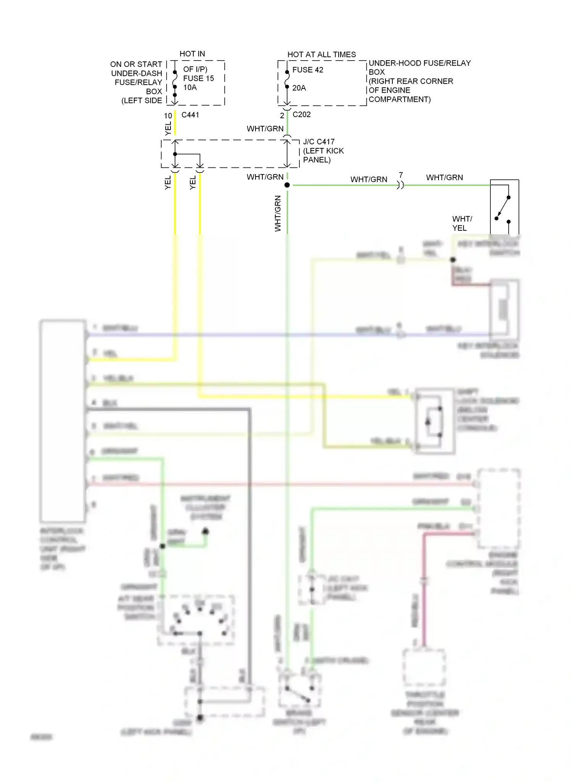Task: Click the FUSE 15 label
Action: tap(198, 78)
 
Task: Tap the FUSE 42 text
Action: tap(308, 70)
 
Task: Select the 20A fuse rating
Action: tap(299, 88)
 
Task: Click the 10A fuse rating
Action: tap(190, 87)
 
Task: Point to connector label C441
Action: tap(190, 115)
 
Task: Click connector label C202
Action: tap(302, 114)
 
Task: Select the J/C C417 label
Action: tap(319, 141)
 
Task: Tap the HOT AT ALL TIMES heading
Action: tap(321, 55)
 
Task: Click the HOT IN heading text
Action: tap(192, 54)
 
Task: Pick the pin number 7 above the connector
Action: tap(401, 175)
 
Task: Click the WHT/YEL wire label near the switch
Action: tap(462, 223)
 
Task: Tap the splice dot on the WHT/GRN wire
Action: tap(287, 185)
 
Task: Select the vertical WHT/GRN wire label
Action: tap(278, 214)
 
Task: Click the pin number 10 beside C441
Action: tap(168, 116)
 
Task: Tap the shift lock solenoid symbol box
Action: tap(435, 421)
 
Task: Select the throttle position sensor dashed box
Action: tap(424, 667)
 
